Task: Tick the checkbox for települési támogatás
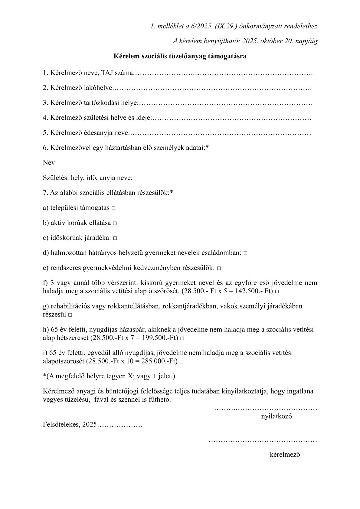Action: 113,208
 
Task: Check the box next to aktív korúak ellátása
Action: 115,224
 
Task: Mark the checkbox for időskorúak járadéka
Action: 115,238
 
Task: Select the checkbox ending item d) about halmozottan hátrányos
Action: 245,253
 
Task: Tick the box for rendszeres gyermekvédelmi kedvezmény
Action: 219,268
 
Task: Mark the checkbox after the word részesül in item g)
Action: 70,315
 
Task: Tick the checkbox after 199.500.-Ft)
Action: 182,338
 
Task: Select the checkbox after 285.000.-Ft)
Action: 182,362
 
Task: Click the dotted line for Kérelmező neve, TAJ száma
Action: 224,73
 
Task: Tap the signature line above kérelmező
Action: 263,441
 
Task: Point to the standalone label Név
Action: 49,163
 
